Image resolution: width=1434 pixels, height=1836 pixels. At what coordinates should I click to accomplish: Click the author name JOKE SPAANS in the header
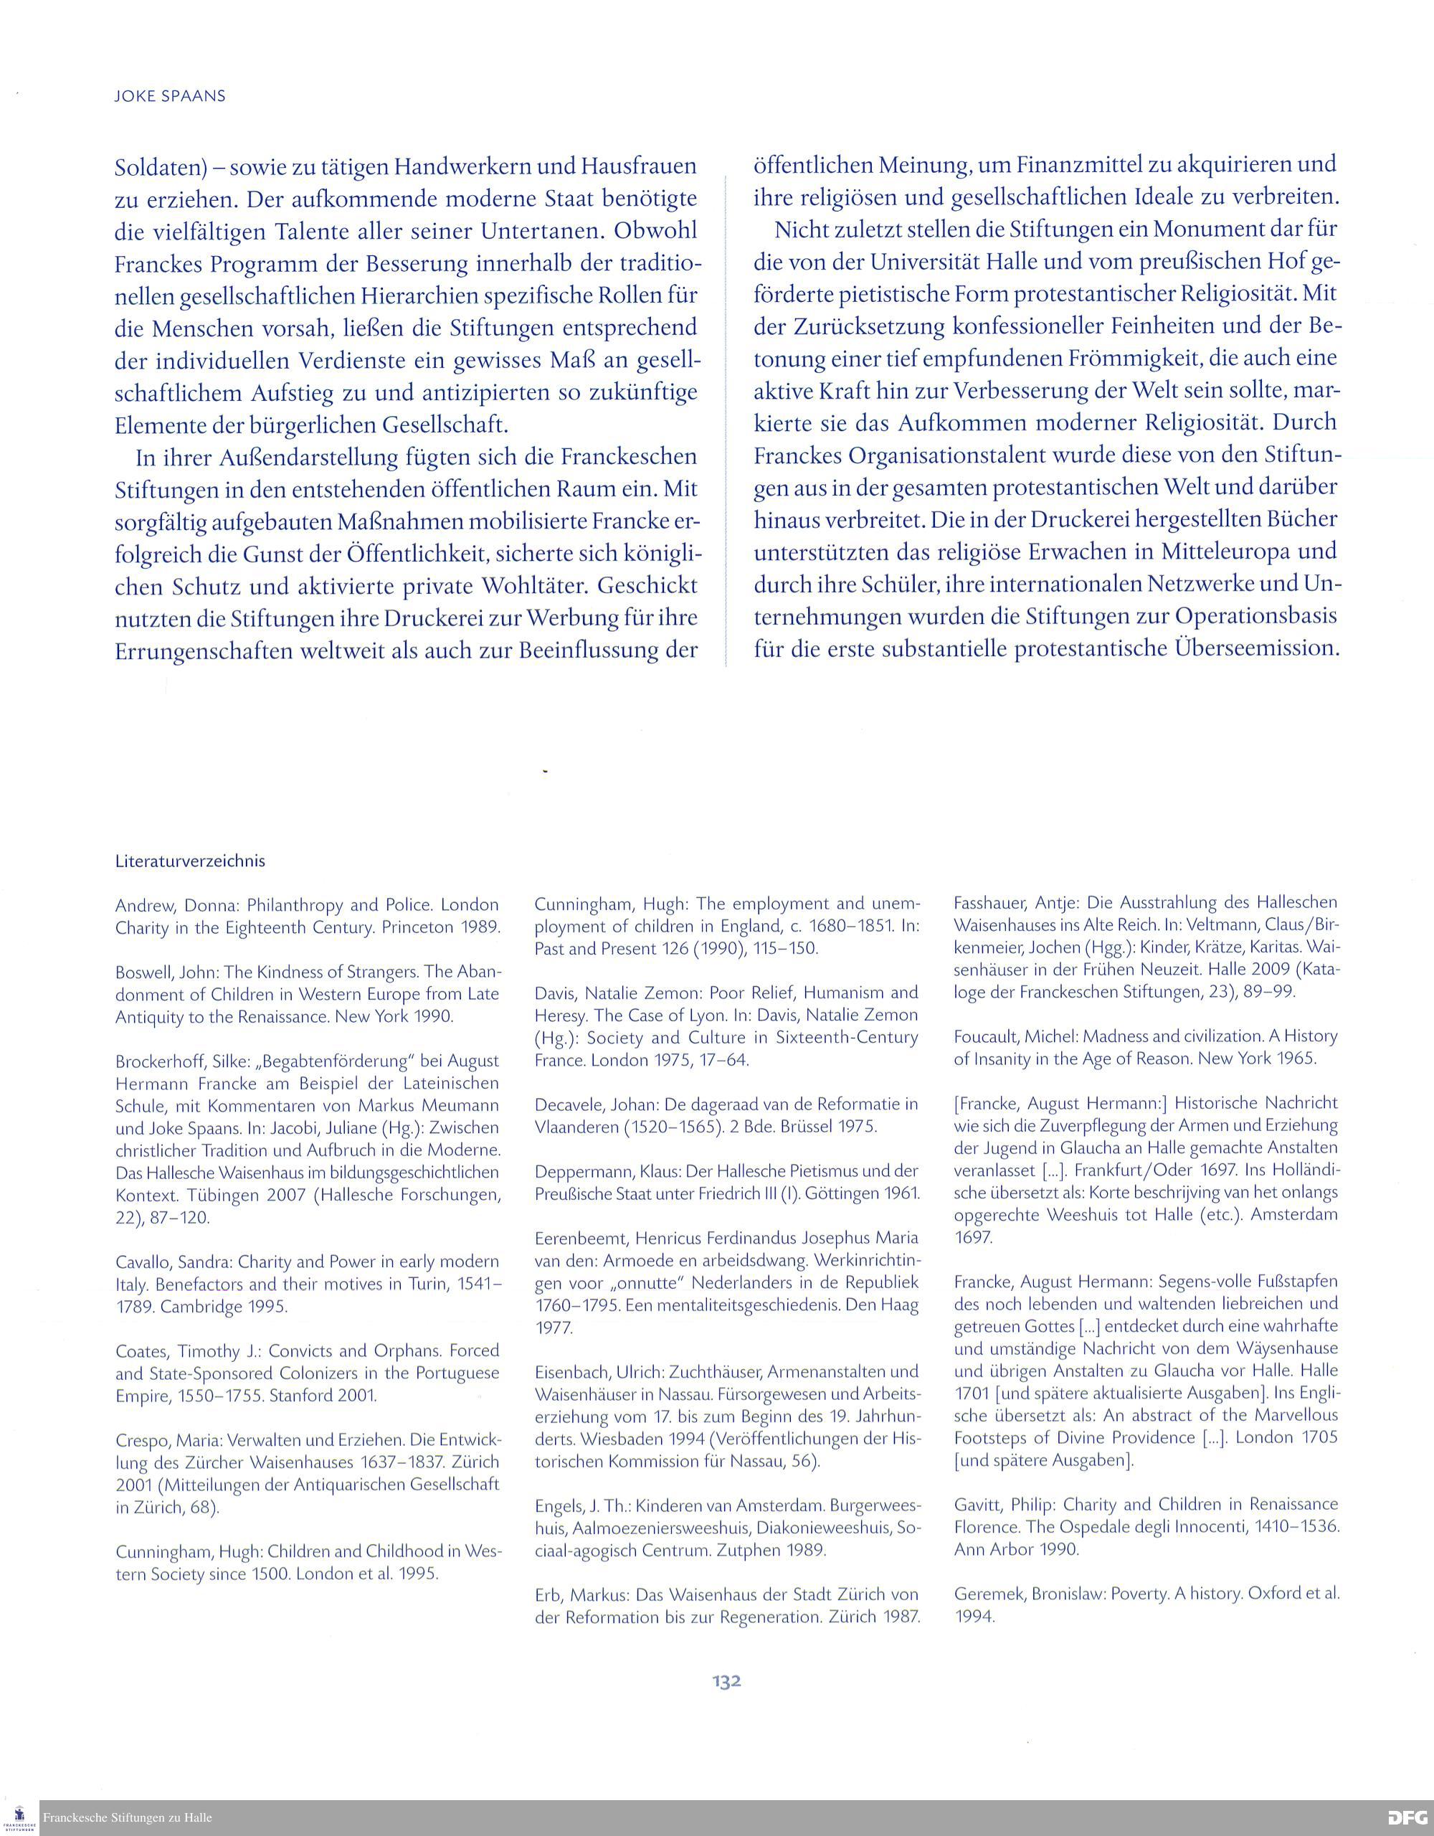[170, 96]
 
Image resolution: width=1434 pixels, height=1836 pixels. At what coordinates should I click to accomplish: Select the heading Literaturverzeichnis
[190, 861]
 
